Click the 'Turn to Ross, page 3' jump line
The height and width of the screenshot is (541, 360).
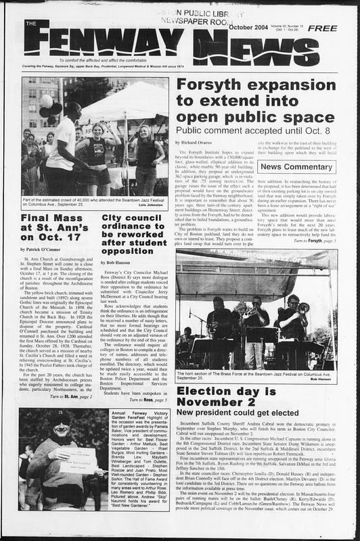click(148, 400)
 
